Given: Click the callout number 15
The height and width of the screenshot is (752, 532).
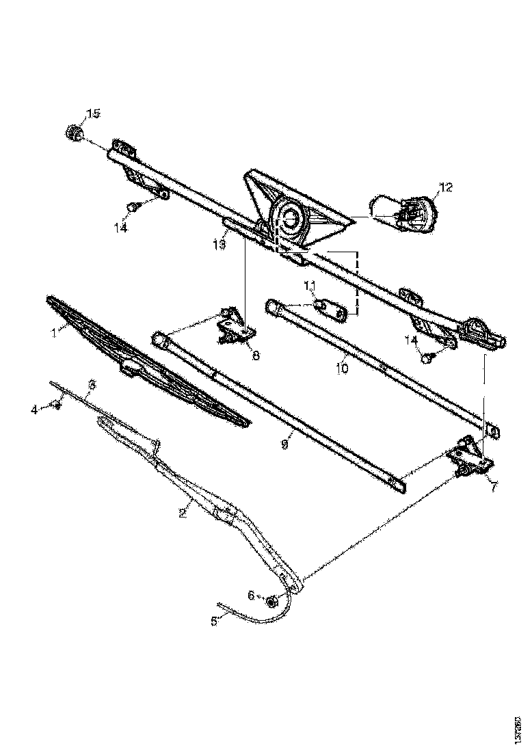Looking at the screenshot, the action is (x=92, y=113).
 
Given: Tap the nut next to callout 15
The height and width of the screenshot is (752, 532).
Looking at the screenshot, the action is (x=73, y=131).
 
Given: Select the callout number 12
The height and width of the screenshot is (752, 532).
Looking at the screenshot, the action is (x=446, y=186).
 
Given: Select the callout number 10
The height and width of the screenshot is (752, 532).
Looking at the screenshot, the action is (x=342, y=368).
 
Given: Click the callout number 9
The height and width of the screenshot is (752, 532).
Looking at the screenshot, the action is (x=285, y=444).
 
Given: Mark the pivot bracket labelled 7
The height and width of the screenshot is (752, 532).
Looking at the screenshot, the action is (x=470, y=458).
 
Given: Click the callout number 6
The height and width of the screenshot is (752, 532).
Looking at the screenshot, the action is (x=251, y=595).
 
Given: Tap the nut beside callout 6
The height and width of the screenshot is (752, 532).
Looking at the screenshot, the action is (x=271, y=602).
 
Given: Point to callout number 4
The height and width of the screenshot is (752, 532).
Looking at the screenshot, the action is (x=34, y=409).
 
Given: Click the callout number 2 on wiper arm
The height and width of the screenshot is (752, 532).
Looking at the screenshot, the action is (x=183, y=513).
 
